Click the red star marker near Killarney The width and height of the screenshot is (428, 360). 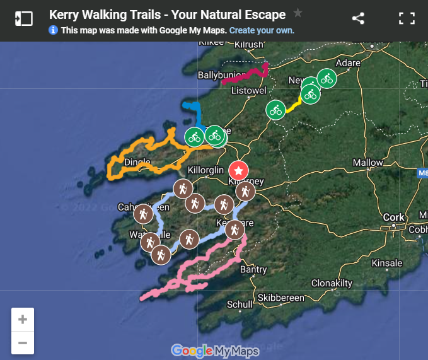tap(238, 170)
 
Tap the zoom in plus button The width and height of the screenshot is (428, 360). tap(23, 320)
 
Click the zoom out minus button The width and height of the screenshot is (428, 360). tap(23, 343)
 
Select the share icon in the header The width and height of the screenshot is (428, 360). tap(358, 18)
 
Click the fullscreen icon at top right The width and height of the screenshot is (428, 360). tap(407, 18)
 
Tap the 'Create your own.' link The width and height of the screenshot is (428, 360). tap(262, 30)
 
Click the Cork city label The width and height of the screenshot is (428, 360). tap(394, 218)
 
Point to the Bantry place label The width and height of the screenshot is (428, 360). tap(253, 270)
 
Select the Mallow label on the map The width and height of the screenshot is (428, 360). tap(367, 163)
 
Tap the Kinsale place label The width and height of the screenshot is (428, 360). tap(386, 263)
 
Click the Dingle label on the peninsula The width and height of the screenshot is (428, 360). tap(137, 162)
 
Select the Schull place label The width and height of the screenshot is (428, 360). tap(240, 305)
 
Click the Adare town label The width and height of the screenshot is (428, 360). tap(348, 64)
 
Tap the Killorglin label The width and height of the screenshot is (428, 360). tap(206, 171)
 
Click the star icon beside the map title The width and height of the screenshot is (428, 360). tap(298, 13)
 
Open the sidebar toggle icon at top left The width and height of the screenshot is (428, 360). tap(23, 18)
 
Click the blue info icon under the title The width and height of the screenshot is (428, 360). tap(53, 30)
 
